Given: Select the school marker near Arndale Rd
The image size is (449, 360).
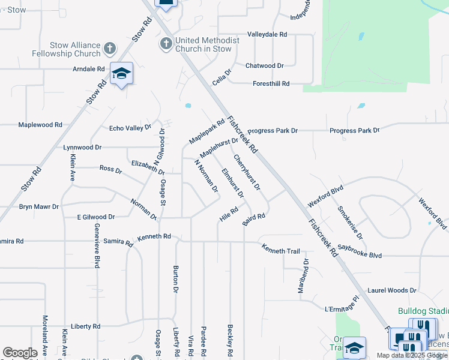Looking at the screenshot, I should pyautogui.click(x=121, y=74).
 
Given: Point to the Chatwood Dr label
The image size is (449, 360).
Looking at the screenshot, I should pyautogui.click(x=264, y=65).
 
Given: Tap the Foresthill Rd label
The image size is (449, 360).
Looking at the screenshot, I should pyautogui.click(x=271, y=83).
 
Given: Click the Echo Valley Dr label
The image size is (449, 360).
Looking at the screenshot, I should pyautogui.click(x=130, y=128).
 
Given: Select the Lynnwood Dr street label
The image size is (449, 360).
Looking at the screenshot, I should pyautogui.click(x=82, y=147).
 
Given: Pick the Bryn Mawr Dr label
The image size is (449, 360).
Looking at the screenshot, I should pyautogui.click(x=39, y=206).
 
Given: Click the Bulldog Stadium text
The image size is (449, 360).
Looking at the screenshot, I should pyautogui.click(x=423, y=311).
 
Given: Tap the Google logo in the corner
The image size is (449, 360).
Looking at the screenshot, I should pyautogui.click(x=20, y=352).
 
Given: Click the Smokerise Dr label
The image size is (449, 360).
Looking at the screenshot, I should pyautogui.click(x=350, y=222).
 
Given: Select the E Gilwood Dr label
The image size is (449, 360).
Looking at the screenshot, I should pyautogui.click(x=96, y=217).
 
